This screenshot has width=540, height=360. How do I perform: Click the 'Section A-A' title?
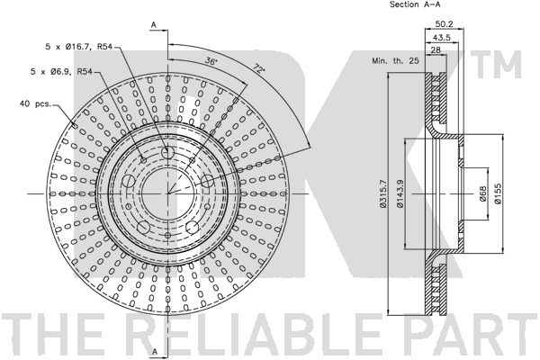tap(415, 4)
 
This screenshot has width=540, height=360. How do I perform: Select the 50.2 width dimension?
tap(444, 23)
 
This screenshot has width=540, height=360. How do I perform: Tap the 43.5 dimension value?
tap(442, 37)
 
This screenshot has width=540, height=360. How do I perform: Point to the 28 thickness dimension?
tap(436, 49)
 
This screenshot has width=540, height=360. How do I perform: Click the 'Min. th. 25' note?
tap(395, 60)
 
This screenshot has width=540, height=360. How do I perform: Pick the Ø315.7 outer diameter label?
tap(383, 194)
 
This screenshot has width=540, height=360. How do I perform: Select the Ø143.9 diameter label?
tap(400, 194)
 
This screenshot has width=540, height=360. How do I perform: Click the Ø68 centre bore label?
tap(482, 194)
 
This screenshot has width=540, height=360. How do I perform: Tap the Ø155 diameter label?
tap(498, 194)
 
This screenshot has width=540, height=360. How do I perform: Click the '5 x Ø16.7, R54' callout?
tap(79, 47)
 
